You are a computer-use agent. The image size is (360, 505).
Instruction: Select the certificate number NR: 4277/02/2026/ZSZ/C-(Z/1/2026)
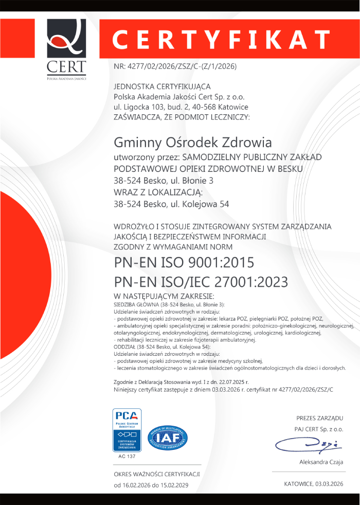click(174, 66)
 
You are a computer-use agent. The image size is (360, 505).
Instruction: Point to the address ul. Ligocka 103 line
click(181, 107)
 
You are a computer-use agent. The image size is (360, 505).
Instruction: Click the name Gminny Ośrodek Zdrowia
click(192, 142)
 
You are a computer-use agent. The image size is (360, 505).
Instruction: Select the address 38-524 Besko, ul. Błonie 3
click(163, 181)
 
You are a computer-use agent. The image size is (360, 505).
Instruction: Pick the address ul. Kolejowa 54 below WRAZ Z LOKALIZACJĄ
click(171, 204)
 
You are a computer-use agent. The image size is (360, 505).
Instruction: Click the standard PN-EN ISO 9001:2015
click(184, 263)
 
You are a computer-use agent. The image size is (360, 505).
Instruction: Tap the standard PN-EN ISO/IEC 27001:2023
click(201, 282)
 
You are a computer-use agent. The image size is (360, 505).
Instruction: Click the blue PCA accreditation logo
click(127, 430)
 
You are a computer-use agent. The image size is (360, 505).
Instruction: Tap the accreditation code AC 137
click(127, 456)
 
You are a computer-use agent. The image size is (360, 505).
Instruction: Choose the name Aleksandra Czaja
click(321, 462)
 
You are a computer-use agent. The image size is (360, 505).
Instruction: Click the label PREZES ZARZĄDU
click(319, 418)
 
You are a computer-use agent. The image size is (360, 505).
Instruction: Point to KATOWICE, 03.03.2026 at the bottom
click(313, 484)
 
